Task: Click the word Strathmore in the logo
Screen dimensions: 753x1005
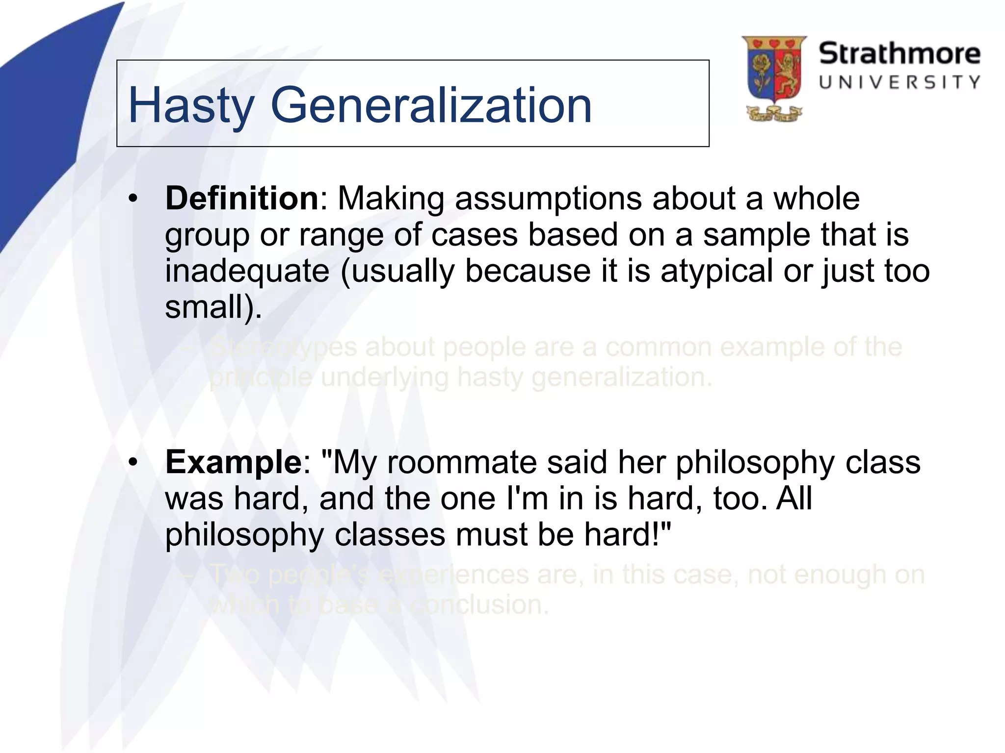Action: click(x=899, y=53)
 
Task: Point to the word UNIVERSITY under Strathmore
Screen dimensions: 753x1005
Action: click(x=899, y=82)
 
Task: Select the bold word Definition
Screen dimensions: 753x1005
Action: click(x=242, y=199)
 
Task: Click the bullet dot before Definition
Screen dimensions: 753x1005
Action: click(x=133, y=200)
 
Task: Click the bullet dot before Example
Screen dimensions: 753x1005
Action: click(x=133, y=463)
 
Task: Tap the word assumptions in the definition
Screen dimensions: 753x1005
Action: click(x=548, y=199)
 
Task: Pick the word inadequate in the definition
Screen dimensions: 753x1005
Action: click(x=247, y=271)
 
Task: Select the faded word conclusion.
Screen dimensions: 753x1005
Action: click(x=479, y=605)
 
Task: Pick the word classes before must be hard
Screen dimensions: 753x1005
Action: click(x=390, y=534)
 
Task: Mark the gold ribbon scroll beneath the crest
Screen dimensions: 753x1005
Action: click(x=774, y=115)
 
